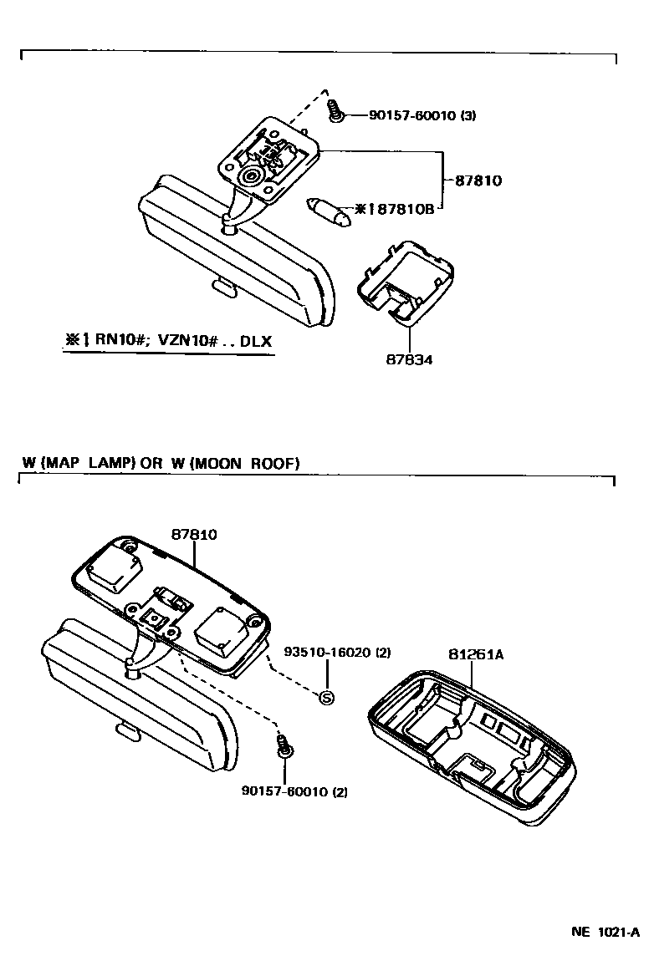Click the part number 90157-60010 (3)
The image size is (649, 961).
coord(422,115)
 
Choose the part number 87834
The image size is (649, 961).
coord(410,359)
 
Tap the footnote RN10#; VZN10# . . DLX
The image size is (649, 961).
coord(168,341)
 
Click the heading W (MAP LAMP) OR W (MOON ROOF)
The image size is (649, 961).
coord(160,463)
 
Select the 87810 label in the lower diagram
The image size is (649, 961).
coord(195,535)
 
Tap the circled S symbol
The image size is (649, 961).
coord(327,697)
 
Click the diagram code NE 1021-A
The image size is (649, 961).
coord(606,932)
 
